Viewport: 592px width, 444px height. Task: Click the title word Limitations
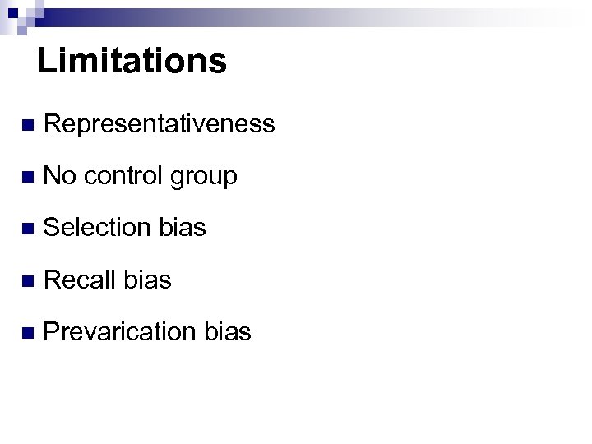[x=132, y=61]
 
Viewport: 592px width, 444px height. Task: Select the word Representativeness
[x=159, y=124]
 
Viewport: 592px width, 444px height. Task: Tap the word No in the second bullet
[x=59, y=176]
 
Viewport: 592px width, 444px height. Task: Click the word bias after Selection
[x=183, y=228]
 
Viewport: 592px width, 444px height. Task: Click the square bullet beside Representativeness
[x=28, y=126]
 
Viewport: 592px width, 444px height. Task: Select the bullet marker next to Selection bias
[x=28, y=229]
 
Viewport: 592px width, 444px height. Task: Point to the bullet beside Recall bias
[x=28, y=281]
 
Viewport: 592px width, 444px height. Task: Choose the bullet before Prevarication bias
[x=28, y=333]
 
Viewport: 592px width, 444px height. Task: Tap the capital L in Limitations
[x=46, y=61]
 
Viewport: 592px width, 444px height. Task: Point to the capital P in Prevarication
[x=51, y=331]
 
